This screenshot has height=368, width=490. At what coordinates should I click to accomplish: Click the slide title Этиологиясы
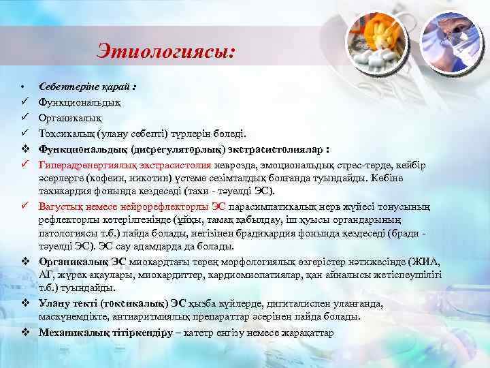pyautogui.click(x=166, y=50)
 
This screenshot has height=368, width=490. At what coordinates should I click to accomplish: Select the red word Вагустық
pyautogui.click(x=60, y=206)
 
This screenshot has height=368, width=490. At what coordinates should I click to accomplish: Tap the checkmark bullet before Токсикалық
pyautogui.click(x=24, y=134)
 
